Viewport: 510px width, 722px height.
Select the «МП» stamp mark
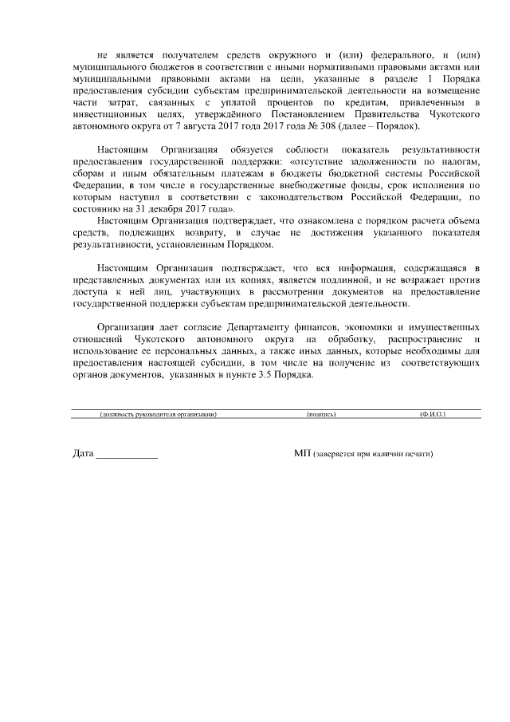[x=302, y=453]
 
